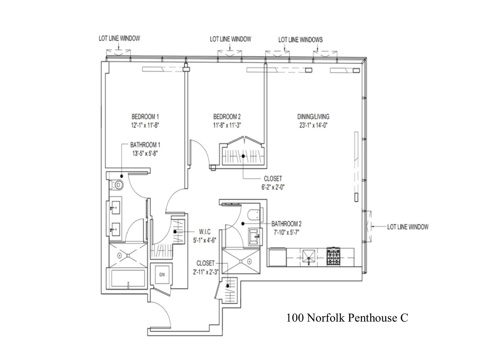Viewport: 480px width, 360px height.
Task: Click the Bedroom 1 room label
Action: [145, 117]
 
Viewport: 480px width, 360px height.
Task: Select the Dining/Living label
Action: [313, 117]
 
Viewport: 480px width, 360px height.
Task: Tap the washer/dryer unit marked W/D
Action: [161, 275]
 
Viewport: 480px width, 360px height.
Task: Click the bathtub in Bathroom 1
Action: [128, 280]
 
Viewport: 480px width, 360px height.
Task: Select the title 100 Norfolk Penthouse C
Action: [347, 318]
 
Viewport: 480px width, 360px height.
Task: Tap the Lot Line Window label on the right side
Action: [408, 227]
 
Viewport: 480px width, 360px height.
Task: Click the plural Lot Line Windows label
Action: [300, 40]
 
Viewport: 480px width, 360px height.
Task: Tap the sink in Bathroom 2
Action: [255, 236]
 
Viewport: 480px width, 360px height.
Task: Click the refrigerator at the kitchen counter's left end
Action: [277, 256]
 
